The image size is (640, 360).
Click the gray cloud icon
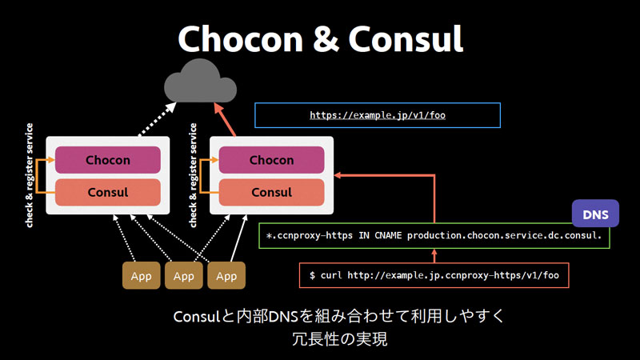tap(200, 82)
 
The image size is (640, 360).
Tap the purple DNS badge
tap(595, 214)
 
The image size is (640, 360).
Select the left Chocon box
tap(108, 160)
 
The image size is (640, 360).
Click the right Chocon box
tap(271, 160)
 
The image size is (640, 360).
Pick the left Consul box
tap(108, 192)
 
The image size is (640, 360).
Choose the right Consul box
tap(271, 192)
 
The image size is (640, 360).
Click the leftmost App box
tap(142, 275)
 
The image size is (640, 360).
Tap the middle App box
tap(184, 275)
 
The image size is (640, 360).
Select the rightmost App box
tap(226, 275)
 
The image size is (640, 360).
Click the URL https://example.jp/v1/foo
tap(378, 115)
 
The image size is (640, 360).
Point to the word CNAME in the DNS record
tap(388, 235)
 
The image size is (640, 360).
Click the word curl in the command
tap(331, 275)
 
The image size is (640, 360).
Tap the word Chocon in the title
tap(240, 38)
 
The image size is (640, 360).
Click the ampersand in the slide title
tap(325, 39)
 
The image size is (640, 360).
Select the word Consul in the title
tap(406, 38)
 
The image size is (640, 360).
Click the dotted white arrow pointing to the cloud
tap(157, 119)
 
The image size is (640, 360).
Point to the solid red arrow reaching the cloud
tap(225, 119)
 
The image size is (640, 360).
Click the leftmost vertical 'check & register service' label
tap(29, 175)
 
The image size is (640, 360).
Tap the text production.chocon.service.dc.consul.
tap(505, 235)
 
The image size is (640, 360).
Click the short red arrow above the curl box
tap(434, 256)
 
